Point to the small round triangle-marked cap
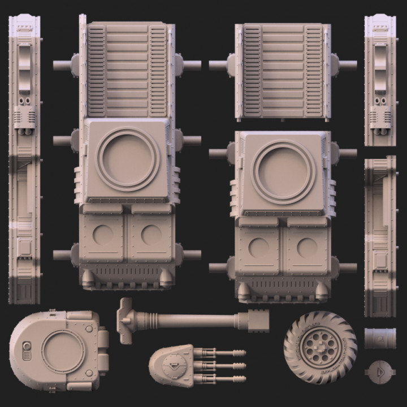pyautogui.click(x=380, y=371)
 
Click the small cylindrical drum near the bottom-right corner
pyautogui.click(x=380, y=338)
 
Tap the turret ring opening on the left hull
pyautogui.click(x=128, y=158)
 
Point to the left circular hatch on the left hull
pyautogui.click(x=102, y=235)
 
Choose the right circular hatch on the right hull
pyautogui.click(x=307, y=248)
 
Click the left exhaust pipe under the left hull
pyautogui.click(x=88, y=278)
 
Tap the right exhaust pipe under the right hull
pyautogui.click(x=322, y=291)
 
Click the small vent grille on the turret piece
pyautogui.click(x=25, y=353)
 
